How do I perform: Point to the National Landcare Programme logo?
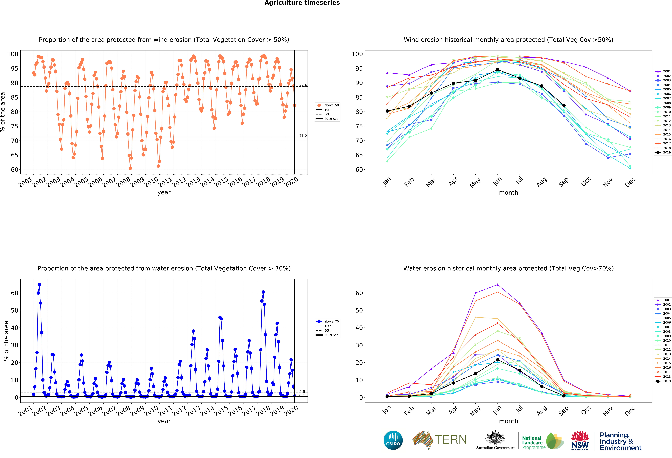click(543, 441)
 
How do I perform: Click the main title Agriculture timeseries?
click(302, 3)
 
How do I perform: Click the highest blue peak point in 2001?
click(39, 285)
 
